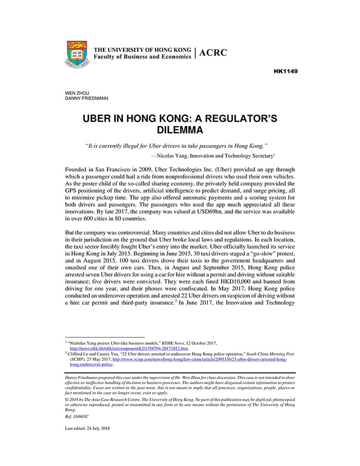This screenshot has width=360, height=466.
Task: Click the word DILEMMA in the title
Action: coord(180,130)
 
